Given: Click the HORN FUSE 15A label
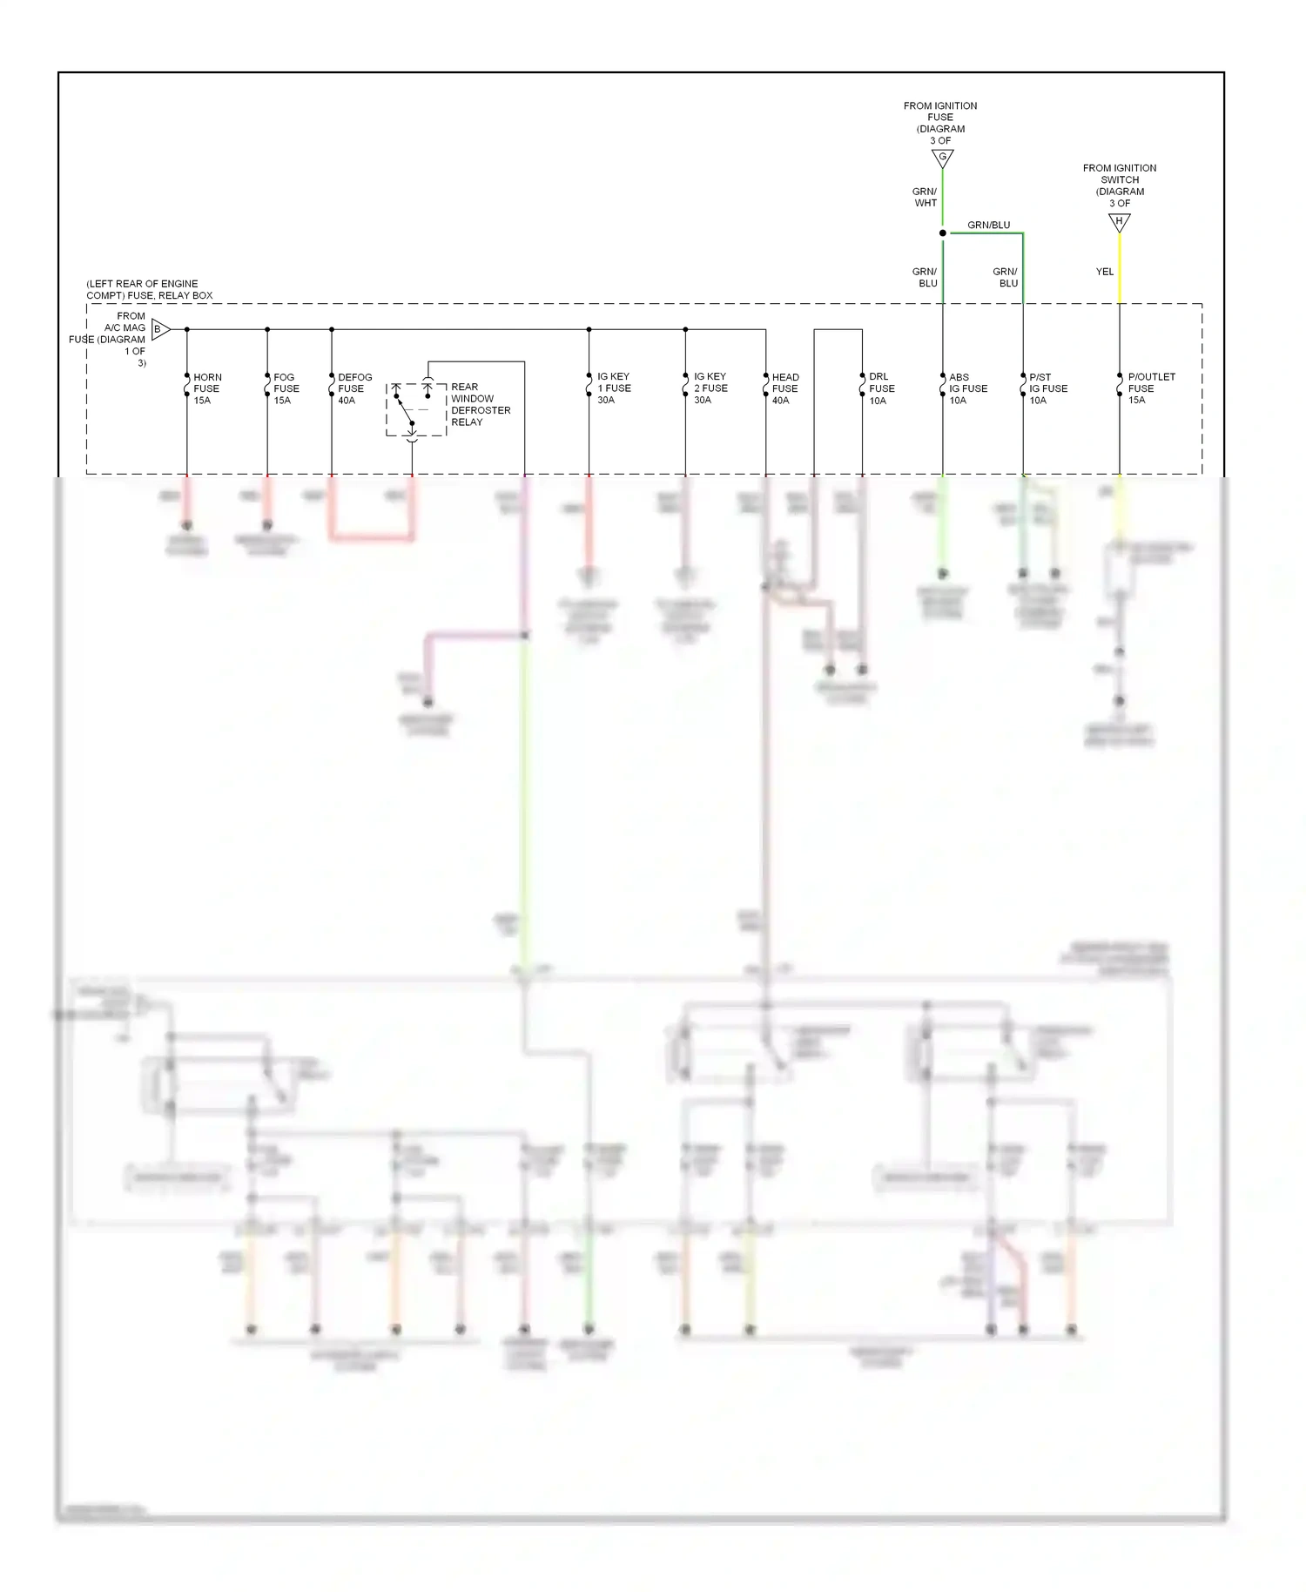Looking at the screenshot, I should pyautogui.click(x=206, y=388).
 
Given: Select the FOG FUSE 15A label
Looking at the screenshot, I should pyautogui.click(x=286, y=388).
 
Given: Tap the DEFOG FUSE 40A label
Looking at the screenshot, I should pyautogui.click(x=353, y=388).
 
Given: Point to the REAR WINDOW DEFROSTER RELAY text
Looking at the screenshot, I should pyautogui.click(x=480, y=404).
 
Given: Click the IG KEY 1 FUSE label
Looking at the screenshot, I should pyautogui.click(x=613, y=388).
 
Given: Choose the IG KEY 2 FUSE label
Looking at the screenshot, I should pyautogui.click(x=710, y=388).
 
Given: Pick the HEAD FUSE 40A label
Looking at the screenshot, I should pyautogui.click(x=784, y=388).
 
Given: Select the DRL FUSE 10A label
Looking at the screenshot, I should pyautogui.click(x=881, y=388).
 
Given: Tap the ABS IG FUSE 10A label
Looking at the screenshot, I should pyautogui.click(x=967, y=388).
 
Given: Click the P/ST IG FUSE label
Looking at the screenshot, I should pyautogui.click(x=1047, y=388).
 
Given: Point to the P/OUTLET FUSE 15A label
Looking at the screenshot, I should pyautogui.click(x=1150, y=388).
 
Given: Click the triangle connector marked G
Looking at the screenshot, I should pyautogui.click(x=942, y=158).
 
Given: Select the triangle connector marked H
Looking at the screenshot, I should pyautogui.click(x=1119, y=221).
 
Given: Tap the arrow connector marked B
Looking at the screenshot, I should pyautogui.click(x=159, y=329).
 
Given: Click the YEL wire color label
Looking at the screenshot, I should pyautogui.click(x=1104, y=272).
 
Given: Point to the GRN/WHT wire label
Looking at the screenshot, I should pyautogui.click(x=925, y=197).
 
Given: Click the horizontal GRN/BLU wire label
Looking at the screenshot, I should pyautogui.click(x=988, y=225).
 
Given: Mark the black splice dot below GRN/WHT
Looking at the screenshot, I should pyautogui.click(x=942, y=233).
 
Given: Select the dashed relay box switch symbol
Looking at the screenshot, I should pyautogui.click(x=415, y=409).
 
